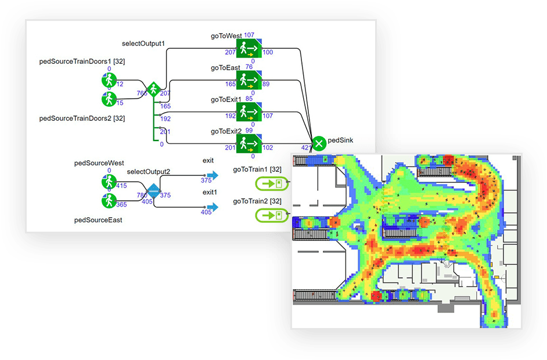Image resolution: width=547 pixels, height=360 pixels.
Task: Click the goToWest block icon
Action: coord(249,48)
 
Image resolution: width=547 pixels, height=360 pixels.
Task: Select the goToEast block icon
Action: coord(249,80)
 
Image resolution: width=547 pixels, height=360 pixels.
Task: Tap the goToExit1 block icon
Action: coord(249,111)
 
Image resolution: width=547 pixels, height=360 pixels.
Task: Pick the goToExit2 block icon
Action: coord(249,143)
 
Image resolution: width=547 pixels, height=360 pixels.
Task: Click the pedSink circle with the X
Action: coord(319,143)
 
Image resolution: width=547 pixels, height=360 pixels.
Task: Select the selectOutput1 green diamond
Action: coord(153,89)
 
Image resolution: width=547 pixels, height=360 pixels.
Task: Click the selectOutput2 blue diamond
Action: coord(153,190)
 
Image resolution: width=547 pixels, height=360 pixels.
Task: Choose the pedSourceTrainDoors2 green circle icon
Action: coord(109,99)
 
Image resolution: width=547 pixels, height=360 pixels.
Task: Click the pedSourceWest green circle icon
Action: coord(109,182)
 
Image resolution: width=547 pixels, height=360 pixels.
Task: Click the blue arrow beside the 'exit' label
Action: coord(212,175)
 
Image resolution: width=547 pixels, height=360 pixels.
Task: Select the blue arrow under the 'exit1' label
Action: coord(212,207)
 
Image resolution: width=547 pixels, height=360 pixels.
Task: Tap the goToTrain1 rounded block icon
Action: coord(271,184)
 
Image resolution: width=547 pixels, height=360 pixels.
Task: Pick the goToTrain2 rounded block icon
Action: coord(271,215)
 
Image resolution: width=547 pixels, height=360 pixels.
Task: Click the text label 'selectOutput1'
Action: coord(143,44)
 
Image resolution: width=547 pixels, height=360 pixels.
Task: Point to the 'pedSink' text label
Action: coord(340,140)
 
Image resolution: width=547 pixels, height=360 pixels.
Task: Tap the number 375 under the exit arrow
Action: coord(206,181)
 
